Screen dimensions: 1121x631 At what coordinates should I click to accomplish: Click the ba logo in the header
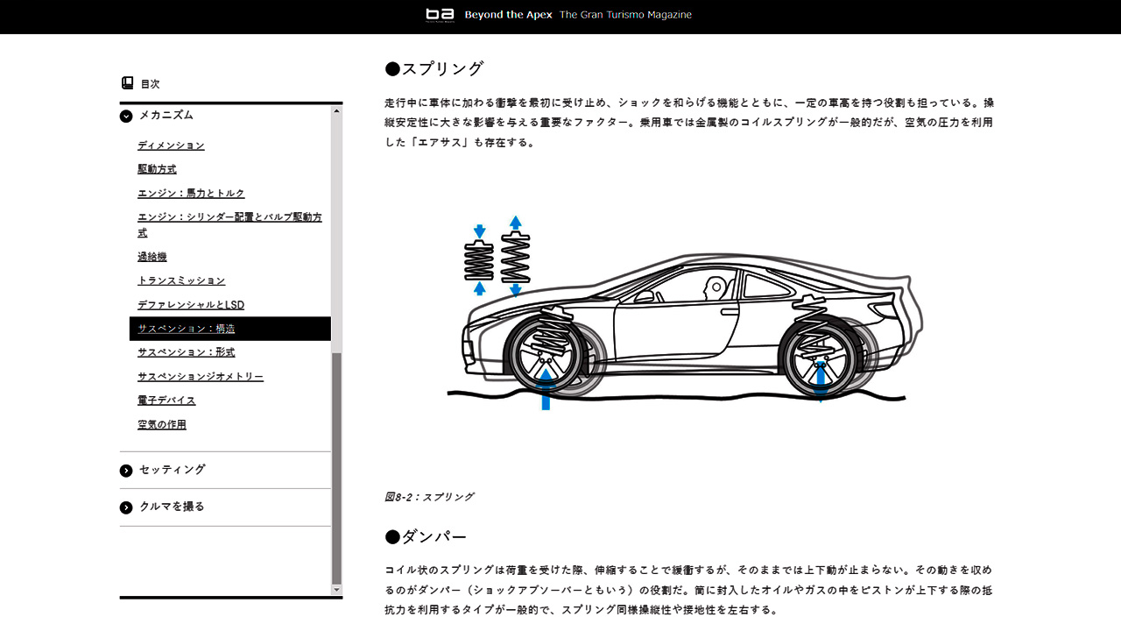(x=440, y=15)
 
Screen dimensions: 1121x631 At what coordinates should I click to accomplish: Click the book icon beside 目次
(x=127, y=82)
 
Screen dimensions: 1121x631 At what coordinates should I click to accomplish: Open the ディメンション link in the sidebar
(x=171, y=145)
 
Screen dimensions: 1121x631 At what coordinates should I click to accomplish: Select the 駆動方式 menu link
(x=157, y=169)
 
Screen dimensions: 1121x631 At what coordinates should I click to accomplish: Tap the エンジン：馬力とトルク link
(x=191, y=193)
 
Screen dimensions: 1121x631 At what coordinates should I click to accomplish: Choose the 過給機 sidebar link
(x=152, y=257)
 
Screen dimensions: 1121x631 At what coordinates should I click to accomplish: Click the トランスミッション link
(x=181, y=280)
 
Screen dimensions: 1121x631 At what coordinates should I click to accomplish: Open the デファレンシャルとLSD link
(x=191, y=304)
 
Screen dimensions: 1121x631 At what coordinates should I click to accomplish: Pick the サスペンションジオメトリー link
(x=201, y=376)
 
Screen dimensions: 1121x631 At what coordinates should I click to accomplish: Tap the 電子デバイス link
(x=166, y=401)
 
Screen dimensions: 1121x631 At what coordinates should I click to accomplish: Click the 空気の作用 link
(x=162, y=424)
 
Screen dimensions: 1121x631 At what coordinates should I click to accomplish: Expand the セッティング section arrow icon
(x=126, y=471)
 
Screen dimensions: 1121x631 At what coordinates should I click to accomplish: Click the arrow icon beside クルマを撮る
(x=126, y=507)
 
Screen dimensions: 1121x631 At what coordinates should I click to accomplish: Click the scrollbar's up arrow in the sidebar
(x=336, y=110)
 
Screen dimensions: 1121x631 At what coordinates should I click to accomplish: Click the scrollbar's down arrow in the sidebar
(x=336, y=590)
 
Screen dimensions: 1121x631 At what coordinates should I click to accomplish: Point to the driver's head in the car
(x=715, y=288)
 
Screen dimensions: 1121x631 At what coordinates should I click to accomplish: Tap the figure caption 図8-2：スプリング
(x=429, y=497)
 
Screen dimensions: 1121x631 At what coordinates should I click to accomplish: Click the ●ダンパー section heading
(x=426, y=537)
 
